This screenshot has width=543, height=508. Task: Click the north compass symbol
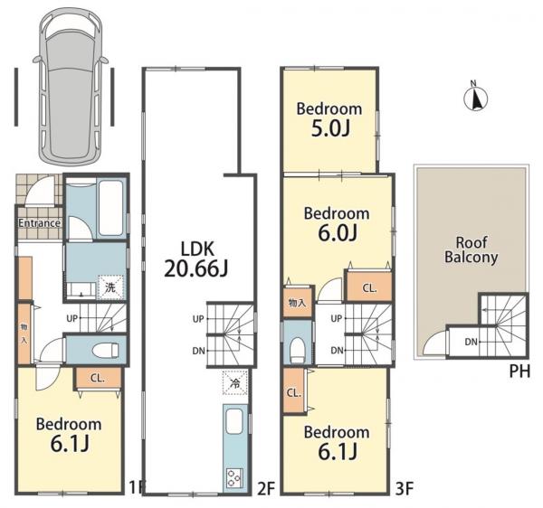[475, 98]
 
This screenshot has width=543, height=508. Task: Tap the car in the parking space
[71, 85]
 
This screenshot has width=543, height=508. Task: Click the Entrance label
[40, 223]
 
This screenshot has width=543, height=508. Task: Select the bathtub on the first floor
[110, 208]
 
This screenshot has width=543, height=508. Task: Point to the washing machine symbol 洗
[110, 287]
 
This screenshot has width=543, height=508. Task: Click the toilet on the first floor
[106, 350]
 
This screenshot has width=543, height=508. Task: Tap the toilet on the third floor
[298, 349]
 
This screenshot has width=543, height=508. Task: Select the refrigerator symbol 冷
[235, 383]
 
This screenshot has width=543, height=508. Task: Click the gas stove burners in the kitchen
[234, 478]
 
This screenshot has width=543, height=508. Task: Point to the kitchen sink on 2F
[234, 421]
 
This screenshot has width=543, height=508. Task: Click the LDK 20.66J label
[196, 259]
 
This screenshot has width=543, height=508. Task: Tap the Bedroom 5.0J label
[329, 119]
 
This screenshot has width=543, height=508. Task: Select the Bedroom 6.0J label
[337, 224]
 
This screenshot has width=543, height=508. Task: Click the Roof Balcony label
[472, 250]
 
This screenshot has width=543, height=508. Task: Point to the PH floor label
[519, 372]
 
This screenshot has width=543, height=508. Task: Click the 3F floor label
[405, 489]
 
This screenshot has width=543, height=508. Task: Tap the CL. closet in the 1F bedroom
[98, 379]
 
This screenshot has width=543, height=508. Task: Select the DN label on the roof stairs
[472, 342]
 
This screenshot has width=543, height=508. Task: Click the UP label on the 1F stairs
[72, 318]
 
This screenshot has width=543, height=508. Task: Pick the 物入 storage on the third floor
[298, 303]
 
